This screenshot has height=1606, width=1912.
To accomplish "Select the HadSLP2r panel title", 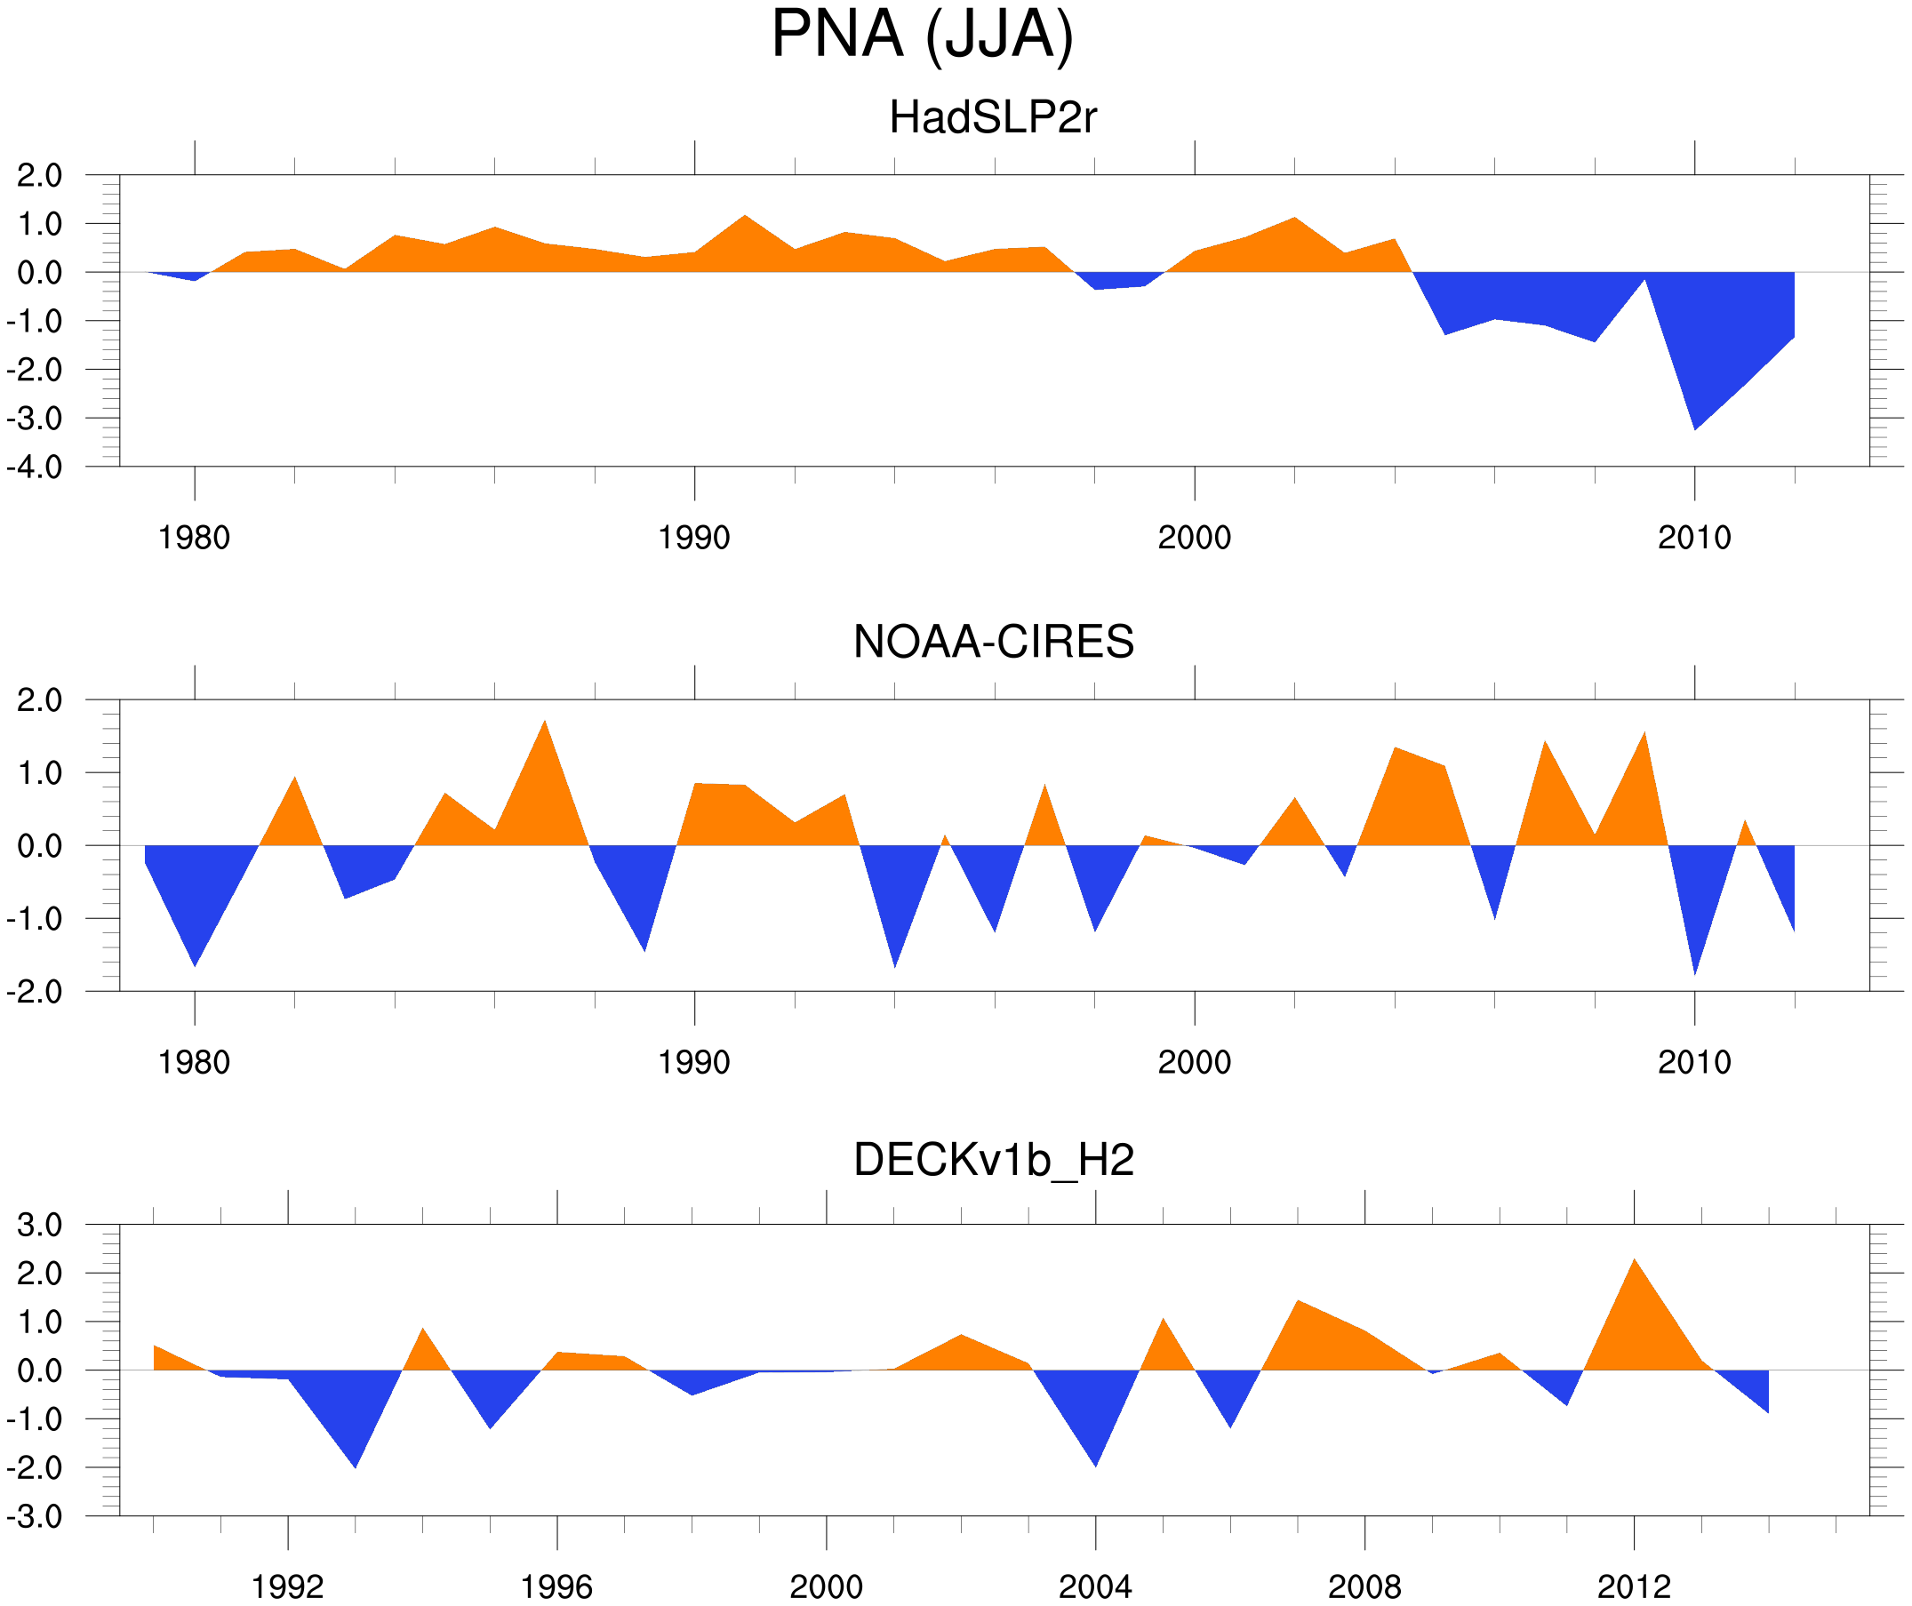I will click(x=992, y=118).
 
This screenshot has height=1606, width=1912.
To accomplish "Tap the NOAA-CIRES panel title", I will click(x=993, y=642).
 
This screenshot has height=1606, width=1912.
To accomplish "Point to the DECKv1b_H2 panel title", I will click(x=993, y=1161).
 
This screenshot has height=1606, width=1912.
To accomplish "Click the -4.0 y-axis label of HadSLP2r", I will click(x=35, y=468).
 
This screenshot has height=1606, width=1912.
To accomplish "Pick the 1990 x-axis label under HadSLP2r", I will click(x=694, y=538).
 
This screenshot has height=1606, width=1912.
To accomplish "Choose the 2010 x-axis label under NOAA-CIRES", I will click(x=1693, y=1062).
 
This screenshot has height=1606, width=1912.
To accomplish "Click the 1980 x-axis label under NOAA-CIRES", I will click(x=194, y=1062).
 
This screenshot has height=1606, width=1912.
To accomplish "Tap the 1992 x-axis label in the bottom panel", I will click(x=288, y=1586).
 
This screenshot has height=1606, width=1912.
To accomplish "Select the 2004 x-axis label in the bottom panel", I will click(x=1094, y=1586).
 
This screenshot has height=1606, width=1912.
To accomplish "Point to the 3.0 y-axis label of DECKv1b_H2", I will click(x=40, y=1226).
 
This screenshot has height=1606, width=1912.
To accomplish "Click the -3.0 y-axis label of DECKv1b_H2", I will click(x=35, y=1517).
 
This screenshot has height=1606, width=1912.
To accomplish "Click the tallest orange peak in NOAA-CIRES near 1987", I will click(x=545, y=724).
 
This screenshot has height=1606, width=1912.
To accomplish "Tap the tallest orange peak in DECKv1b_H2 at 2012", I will click(x=1635, y=1263).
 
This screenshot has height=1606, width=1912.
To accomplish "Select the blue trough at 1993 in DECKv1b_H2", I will click(x=355, y=1464).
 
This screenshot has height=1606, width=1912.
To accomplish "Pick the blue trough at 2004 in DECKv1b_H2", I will click(x=1095, y=1463).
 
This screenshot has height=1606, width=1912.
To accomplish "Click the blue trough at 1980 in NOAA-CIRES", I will click(x=195, y=962).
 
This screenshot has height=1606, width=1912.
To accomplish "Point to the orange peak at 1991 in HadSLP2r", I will click(x=745, y=219).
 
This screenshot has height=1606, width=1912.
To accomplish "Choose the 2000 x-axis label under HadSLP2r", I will click(x=1194, y=538).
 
